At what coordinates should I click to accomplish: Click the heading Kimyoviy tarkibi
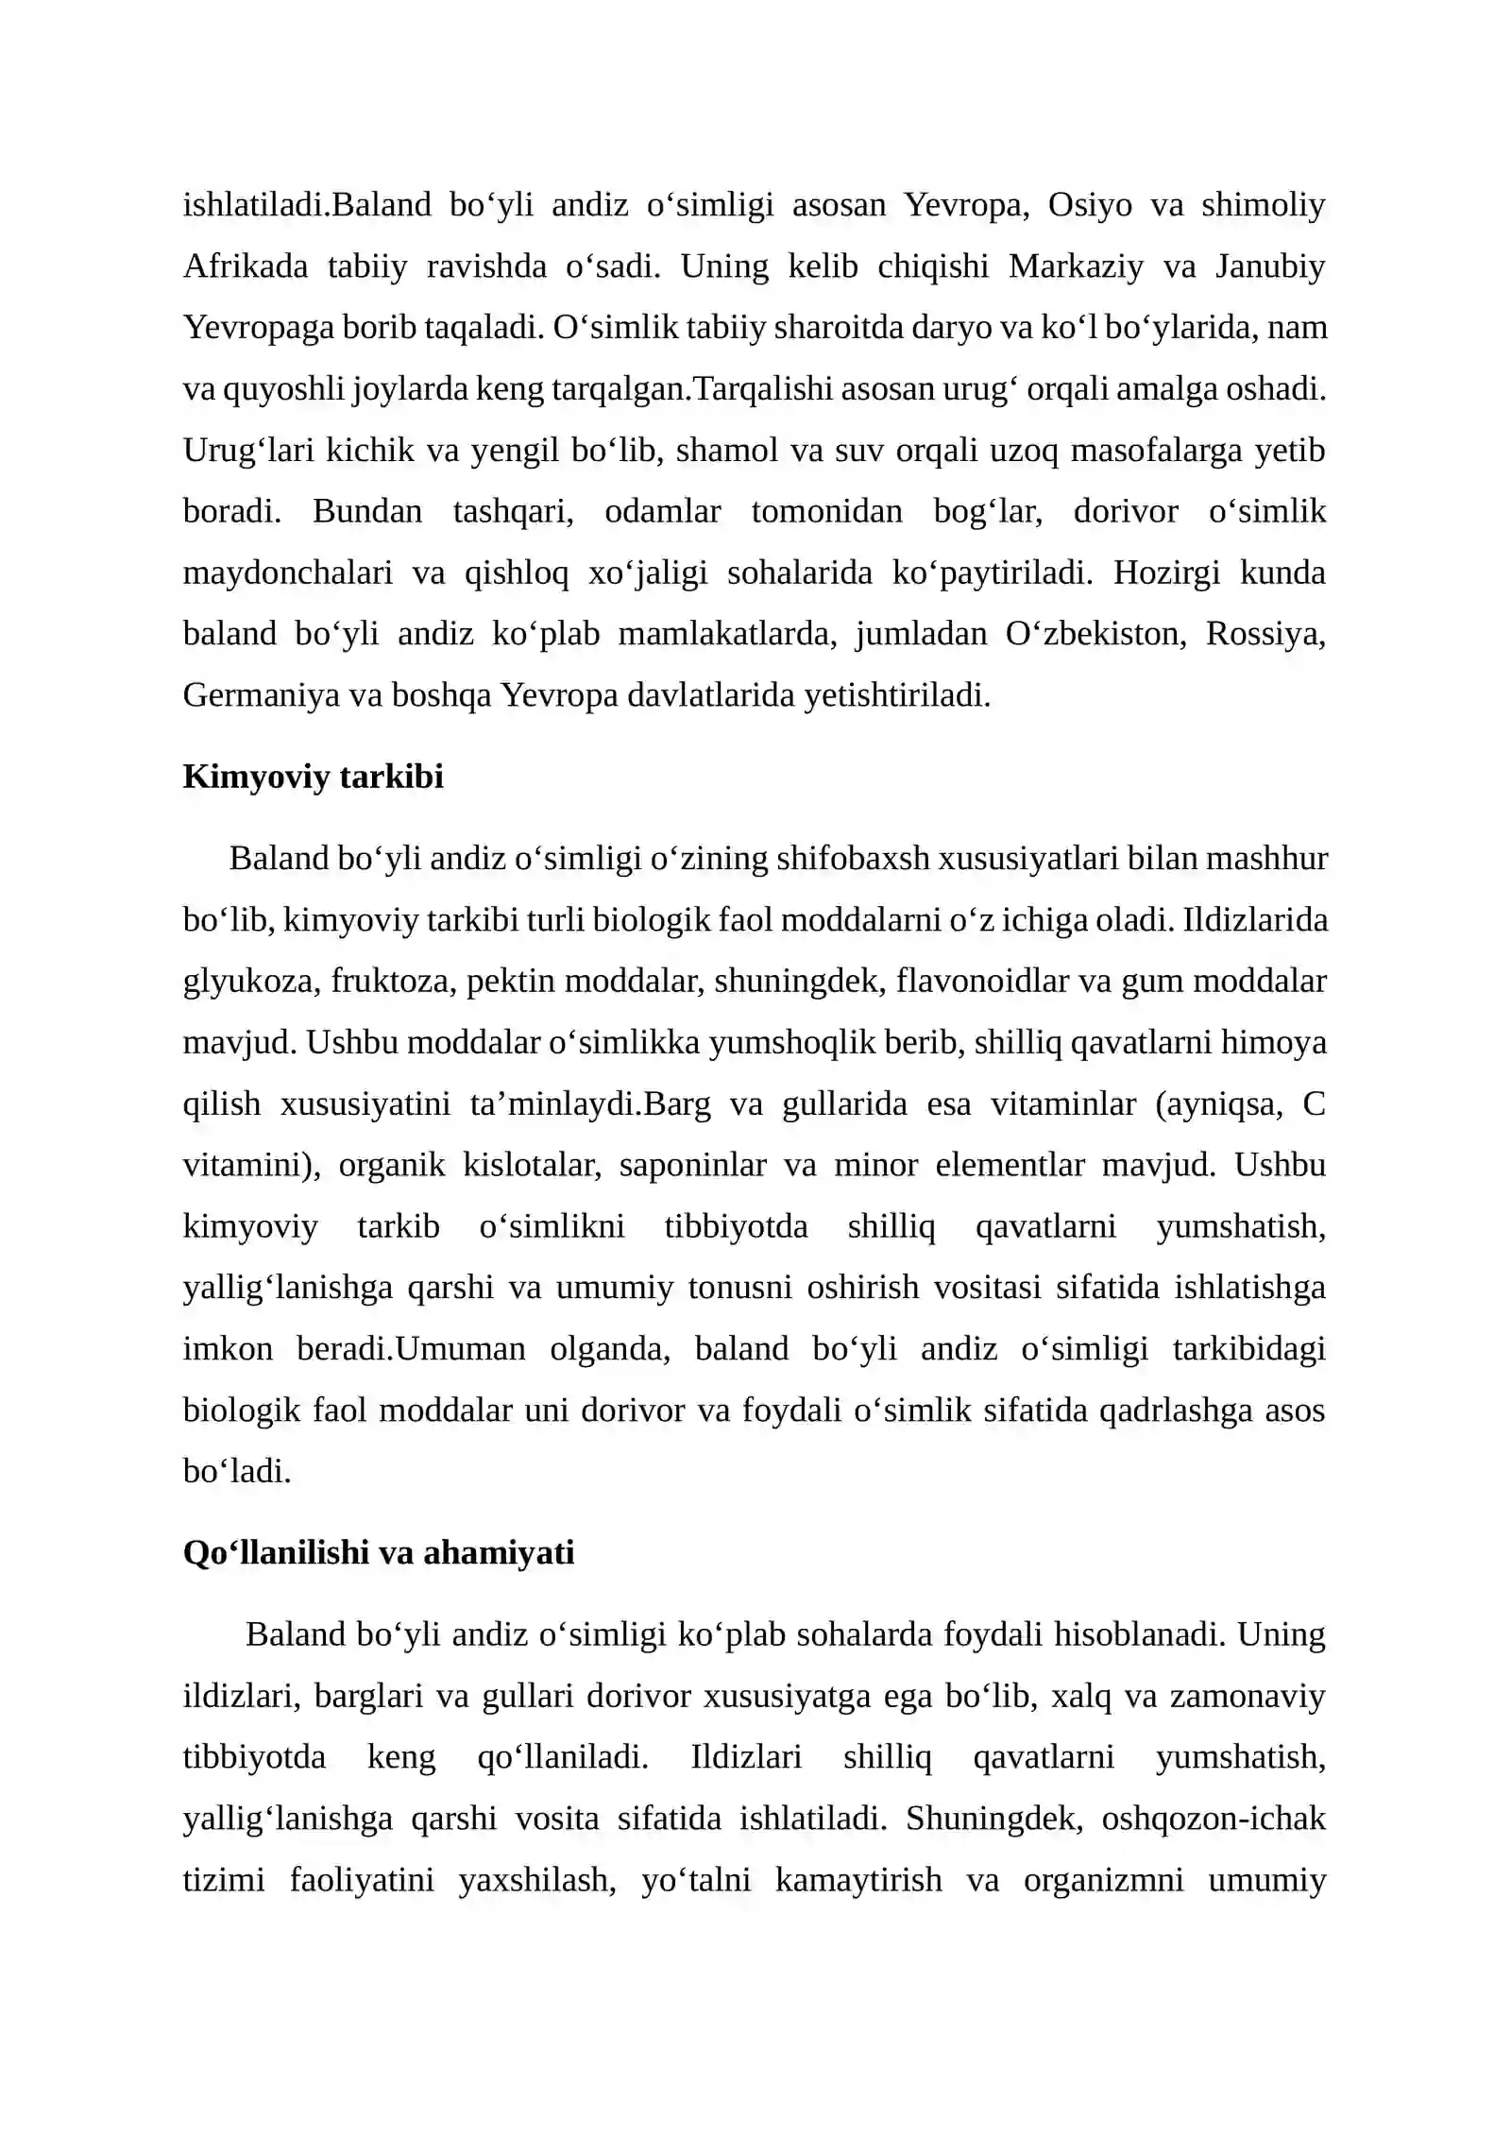tap(313, 777)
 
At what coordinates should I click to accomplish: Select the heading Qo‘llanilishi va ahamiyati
tap(378, 1552)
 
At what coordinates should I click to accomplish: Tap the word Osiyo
tap(1090, 205)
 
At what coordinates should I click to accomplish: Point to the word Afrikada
tap(246, 266)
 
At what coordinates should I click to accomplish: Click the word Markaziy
tap(1075, 266)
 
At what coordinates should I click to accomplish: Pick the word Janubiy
tap(1270, 266)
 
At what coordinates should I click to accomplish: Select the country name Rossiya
tap(1265, 634)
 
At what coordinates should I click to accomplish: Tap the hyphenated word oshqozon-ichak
tap(1213, 1819)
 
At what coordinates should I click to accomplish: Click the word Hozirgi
tap(1166, 573)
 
